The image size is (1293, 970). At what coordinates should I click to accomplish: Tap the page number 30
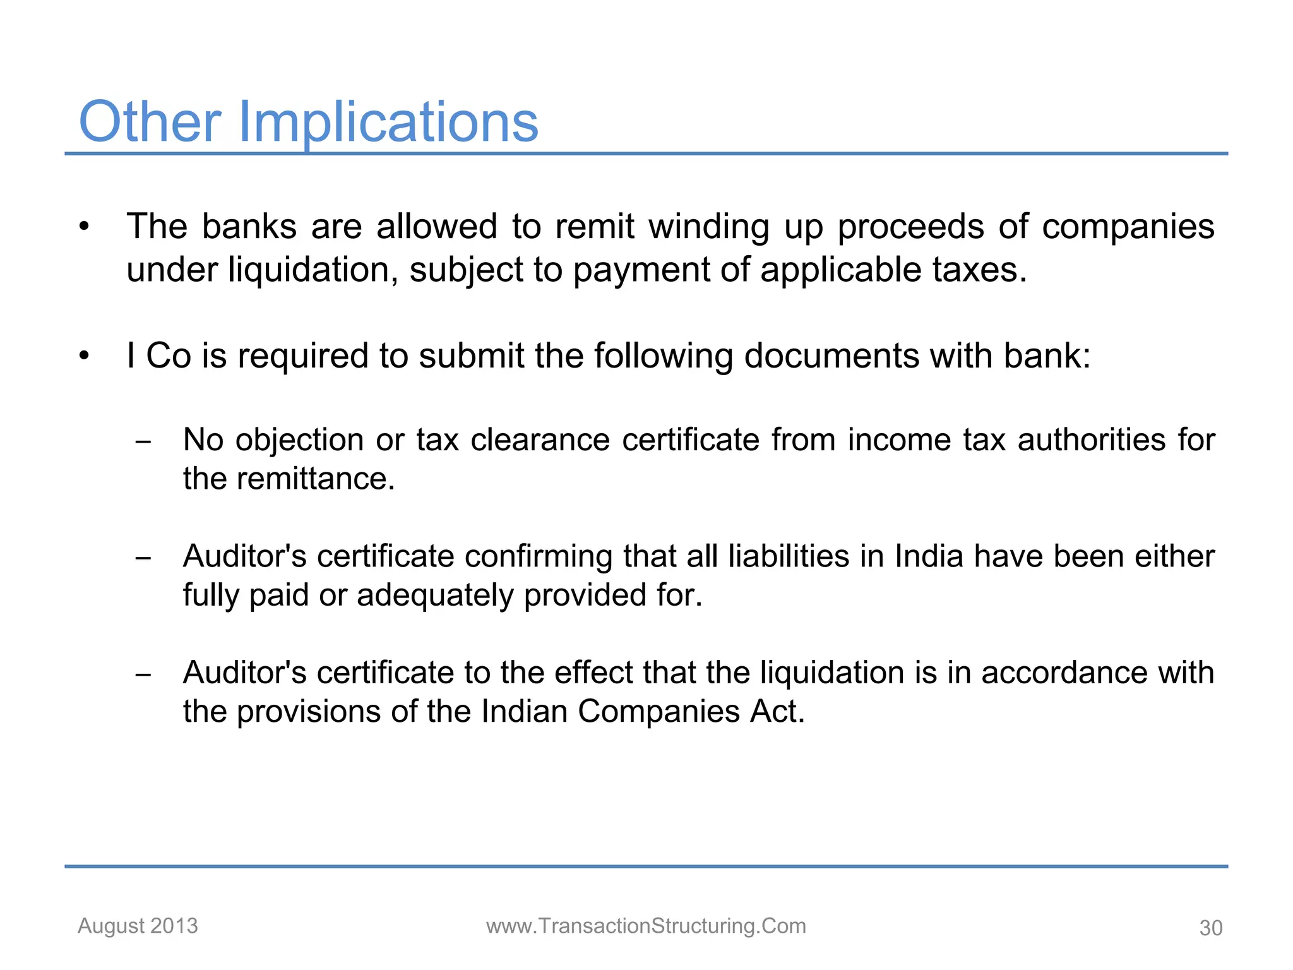click(1211, 928)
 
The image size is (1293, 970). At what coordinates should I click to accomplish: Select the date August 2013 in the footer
click(138, 926)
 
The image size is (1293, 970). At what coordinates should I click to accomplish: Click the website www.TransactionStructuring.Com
click(646, 926)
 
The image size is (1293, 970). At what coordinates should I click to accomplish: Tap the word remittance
click(316, 479)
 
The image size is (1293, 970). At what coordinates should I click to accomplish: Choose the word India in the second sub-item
click(929, 556)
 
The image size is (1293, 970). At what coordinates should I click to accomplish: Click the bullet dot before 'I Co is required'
click(85, 356)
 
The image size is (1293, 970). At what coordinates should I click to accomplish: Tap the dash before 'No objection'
click(143, 442)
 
